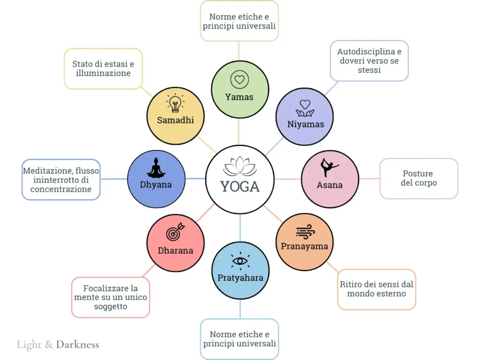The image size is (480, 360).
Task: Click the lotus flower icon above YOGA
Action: click(x=240, y=166)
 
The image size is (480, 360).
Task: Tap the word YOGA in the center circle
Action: click(x=240, y=186)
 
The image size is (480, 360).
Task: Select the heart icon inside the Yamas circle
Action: click(x=240, y=80)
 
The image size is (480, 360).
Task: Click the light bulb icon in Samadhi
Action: click(x=175, y=103)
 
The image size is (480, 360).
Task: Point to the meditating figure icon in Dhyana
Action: click(x=156, y=167)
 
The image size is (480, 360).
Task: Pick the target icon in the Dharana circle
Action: click(x=175, y=232)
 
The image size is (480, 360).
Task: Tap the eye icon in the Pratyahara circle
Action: click(x=240, y=261)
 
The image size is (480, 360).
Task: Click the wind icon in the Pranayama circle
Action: click(x=305, y=232)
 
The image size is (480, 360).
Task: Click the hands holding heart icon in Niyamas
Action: click(x=305, y=108)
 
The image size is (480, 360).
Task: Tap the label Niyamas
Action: click(x=305, y=124)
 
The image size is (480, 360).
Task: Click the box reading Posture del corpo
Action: click(x=419, y=178)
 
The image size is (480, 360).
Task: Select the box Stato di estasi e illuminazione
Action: click(x=103, y=68)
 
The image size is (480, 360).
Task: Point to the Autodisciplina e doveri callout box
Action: click(x=369, y=60)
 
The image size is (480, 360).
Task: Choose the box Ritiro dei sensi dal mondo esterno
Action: click(x=376, y=289)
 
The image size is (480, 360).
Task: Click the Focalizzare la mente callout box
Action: click(x=111, y=297)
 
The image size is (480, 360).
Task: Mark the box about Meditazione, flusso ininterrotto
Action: click(x=61, y=180)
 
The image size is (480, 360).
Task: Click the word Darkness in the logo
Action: click(x=78, y=345)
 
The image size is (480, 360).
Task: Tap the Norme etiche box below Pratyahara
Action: click(x=240, y=339)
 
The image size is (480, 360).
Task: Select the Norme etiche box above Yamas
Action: click(x=239, y=21)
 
